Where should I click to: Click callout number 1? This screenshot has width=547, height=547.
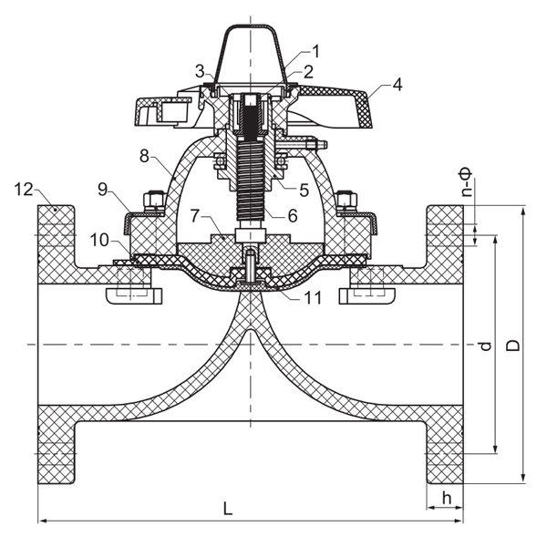pos(316,50)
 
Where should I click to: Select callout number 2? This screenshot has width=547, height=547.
pos(308,70)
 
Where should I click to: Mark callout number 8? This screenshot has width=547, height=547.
pos(146,157)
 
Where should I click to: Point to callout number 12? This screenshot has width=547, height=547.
pos(24,190)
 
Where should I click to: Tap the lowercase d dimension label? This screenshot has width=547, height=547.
pos(485,346)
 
